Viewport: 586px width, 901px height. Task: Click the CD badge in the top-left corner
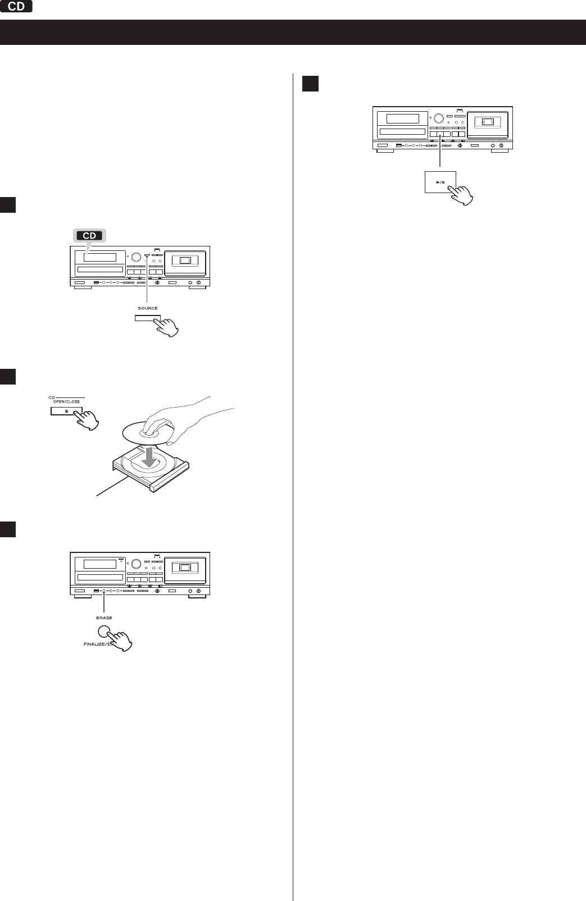tap(17, 7)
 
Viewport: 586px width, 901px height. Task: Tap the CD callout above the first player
tap(90, 236)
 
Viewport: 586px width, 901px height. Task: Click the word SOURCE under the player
tap(148, 308)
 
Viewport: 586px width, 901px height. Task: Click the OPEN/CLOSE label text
tap(66, 401)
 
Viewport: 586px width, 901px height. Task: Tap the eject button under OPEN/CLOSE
tap(66, 411)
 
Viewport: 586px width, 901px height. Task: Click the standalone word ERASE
tap(104, 618)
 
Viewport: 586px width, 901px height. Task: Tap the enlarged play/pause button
tap(440, 182)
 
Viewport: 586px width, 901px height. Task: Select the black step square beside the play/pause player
tap(310, 83)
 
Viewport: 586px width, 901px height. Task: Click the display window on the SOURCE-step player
tap(100, 258)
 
